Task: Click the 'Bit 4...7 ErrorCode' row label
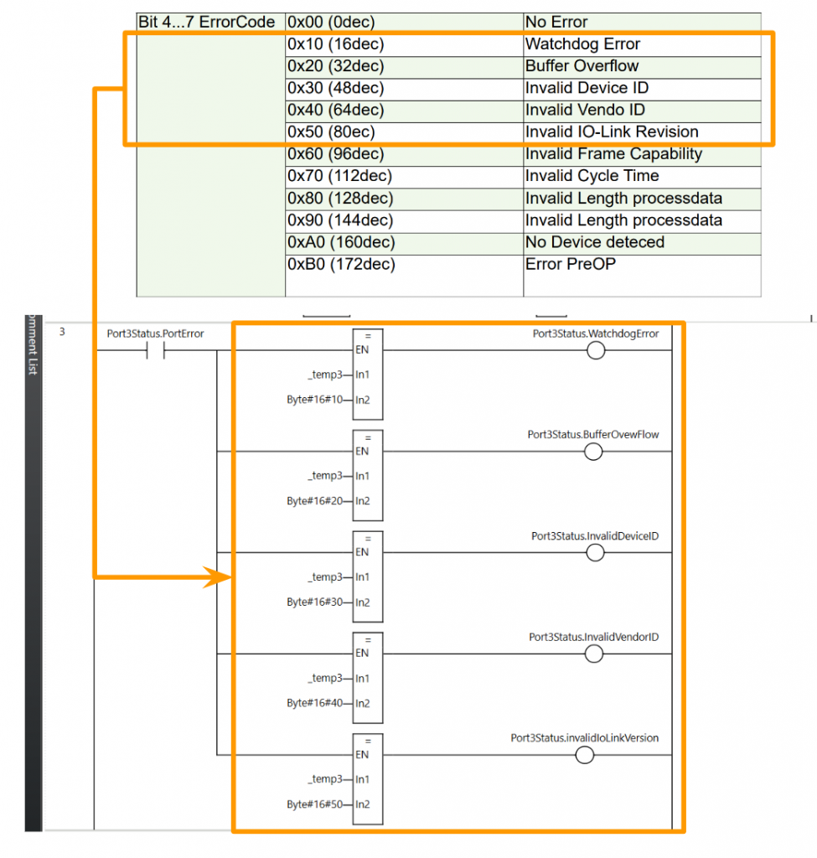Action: point(206,22)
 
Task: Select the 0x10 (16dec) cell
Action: point(336,44)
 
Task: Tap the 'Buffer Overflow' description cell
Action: point(582,66)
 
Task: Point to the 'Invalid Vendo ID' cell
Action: point(585,110)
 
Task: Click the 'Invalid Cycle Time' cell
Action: point(592,176)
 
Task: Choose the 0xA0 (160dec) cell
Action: point(342,242)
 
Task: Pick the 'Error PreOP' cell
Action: point(570,264)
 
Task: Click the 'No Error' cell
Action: point(556,22)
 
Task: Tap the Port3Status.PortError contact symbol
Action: point(155,351)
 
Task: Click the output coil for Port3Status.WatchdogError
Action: point(596,351)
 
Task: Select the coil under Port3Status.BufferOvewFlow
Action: point(593,452)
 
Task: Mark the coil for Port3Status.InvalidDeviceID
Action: point(596,553)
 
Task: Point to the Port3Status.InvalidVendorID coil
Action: point(594,654)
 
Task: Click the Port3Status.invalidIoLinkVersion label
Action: point(584,738)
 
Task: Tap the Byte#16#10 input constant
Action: point(315,400)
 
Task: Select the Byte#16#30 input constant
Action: point(315,602)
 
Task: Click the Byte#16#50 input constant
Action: point(315,804)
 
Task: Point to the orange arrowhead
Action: point(219,576)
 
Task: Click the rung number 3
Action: point(62,332)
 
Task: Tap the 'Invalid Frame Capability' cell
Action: point(613,154)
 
